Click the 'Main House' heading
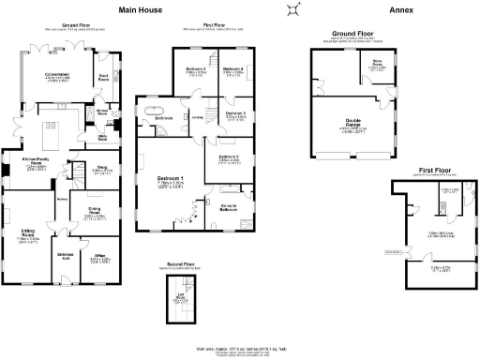[x=139, y=10]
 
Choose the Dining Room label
[x=94, y=212]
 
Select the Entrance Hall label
[x=66, y=255]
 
